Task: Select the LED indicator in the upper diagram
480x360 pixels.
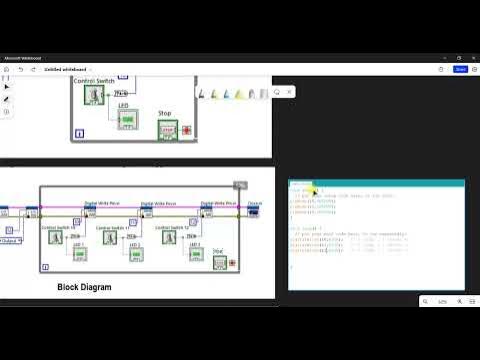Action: pos(127,120)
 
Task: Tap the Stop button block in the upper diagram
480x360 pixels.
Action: pos(166,130)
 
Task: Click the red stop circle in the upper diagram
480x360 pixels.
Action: pos(186,130)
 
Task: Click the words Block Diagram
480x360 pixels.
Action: pos(84,287)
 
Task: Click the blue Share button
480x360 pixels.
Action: pos(460,69)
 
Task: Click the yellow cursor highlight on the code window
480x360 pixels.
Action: pos(312,190)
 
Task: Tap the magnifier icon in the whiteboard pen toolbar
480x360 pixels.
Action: pos(278,93)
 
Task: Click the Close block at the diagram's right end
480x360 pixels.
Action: pos(254,210)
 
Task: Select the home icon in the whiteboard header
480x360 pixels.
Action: pos(7,69)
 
